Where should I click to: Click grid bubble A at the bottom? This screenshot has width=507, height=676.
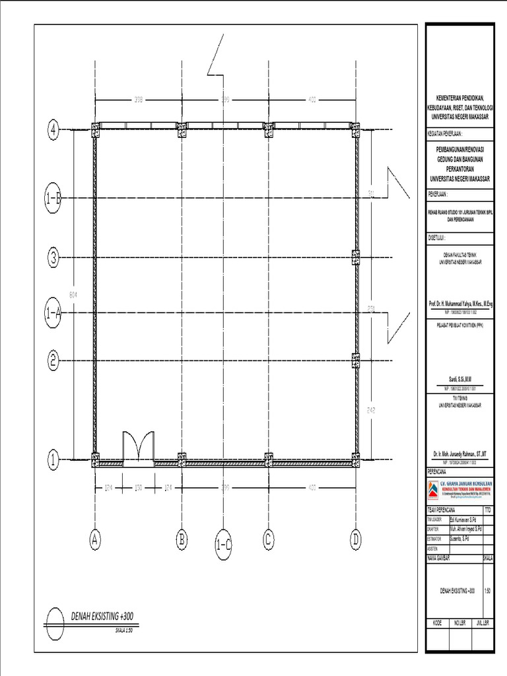pyautogui.click(x=96, y=539)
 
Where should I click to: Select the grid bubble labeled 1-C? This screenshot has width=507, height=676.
pyautogui.click(x=224, y=545)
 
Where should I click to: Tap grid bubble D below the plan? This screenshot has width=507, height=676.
pyautogui.click(x=356, y=539)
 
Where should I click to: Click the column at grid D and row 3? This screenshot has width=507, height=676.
pyautogui.click(x=355, y=256)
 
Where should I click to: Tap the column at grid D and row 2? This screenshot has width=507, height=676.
pyautogui.click(x=355, y=360)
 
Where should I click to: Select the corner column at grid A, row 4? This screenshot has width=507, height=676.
pyautogui.click(x=96, y=129)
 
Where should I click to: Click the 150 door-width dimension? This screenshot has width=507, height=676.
pyautogui.click(x=139, y=489)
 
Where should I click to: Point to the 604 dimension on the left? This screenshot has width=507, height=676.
pyautogui.click(x=73, y=294)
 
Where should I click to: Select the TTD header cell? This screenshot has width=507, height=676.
pyautogui.click(x=487, y=510)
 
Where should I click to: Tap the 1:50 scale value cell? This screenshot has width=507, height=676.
pyautogui.click(x=487, y=590)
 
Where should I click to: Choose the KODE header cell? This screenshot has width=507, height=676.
pyautogui.click(x=437, y=623)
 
